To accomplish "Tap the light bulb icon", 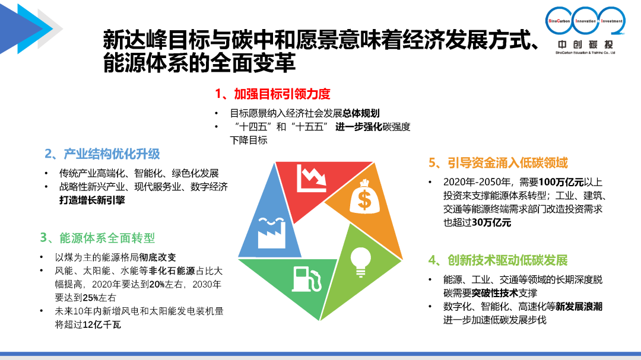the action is click(x=361, y=262).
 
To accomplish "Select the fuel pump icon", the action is click(x=307, y=279).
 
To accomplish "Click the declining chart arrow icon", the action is click(x=312, y=178).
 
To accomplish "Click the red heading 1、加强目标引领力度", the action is click(x=272, y=94).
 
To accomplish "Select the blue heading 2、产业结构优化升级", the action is click(x=102, y=154).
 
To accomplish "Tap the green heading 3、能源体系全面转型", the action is click(x=98, y=238).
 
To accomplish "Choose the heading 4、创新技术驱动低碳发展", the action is click(x=498, y=260).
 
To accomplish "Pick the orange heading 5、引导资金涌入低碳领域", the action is click(x=498, y=163).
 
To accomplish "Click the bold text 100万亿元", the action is click(x=561, y=182).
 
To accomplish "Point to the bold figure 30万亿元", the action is click(x=491, y=222).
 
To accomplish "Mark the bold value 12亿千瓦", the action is click(x=102, y=325).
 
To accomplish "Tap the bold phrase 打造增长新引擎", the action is click(x=92, y=200).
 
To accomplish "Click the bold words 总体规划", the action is click(x=361, y=113).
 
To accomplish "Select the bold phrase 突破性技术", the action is click(x=494, y=293).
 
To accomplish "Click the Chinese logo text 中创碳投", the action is click(x=585, y=44).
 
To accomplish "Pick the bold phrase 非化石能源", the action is click(x=172, y=271).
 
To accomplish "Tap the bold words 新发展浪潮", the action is click(x=579, y=307).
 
